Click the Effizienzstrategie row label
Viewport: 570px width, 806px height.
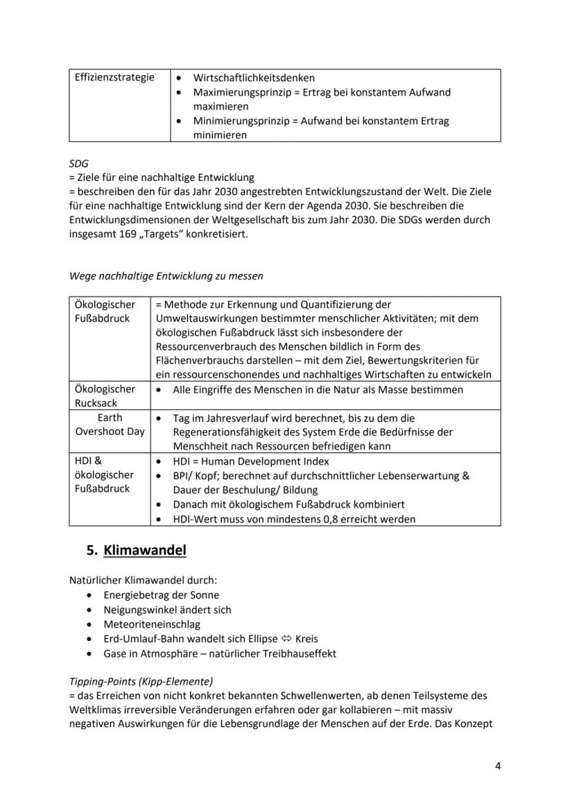coord(114,77)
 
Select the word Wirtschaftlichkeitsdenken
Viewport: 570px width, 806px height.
coord(254,78)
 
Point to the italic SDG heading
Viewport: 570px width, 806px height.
coord(78,163)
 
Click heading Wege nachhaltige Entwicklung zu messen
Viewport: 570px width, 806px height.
coord(166,276)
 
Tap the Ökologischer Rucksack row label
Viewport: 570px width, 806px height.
coord(105,396)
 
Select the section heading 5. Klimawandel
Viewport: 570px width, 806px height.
coord(136,551)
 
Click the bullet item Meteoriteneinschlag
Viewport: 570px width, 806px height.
coord(151,624)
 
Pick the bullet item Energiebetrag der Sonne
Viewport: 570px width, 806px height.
coord(162,595)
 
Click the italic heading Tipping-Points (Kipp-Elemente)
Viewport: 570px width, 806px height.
coord(141,681)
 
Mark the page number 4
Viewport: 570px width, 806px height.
coord(497,765)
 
